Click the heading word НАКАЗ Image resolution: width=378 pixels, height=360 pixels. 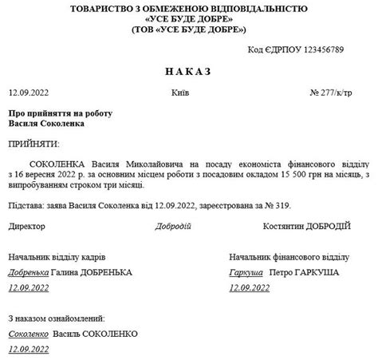click(x=188, y=72)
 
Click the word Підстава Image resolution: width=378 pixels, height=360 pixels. click(x=26, y=206)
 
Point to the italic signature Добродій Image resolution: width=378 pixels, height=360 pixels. click(x=174, y=227)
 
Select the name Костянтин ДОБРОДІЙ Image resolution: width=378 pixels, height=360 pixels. click(x=307, y=227)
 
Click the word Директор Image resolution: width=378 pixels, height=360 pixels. click(x=27, y=227)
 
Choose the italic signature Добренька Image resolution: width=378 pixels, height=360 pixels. click(x=28, y=272)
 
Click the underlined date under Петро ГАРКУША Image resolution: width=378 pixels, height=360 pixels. click(x=249, y=287)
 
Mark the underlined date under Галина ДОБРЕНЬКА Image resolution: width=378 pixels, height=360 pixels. click(x=29, y=287)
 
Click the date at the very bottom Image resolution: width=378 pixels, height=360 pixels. click(x=29, y=349)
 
